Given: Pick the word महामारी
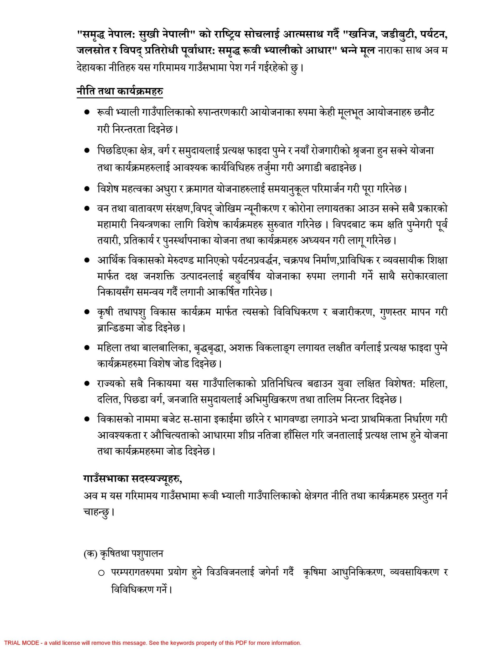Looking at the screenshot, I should pyautogui.click(x=112, y=225).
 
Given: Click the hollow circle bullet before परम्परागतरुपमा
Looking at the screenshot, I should pyautogui.click(x=101, y=573).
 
